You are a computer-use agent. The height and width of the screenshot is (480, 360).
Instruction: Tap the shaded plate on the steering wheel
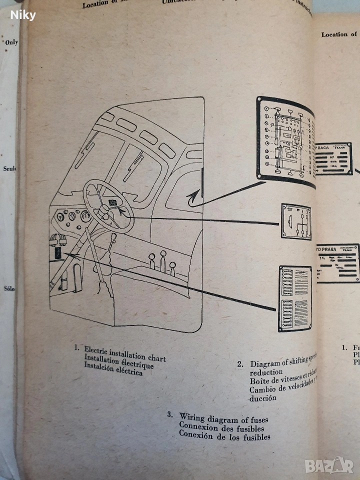pos(114,202)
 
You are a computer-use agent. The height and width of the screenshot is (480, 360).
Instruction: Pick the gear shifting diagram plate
pos(296,221)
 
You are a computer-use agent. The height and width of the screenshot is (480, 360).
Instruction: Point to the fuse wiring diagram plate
pos(295,298)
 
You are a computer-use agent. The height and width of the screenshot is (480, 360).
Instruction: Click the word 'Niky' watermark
pos(23,15)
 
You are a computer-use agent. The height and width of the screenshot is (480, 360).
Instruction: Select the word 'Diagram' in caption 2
pos(265,363)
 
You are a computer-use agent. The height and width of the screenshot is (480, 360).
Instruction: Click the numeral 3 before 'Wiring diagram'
pos(169,415)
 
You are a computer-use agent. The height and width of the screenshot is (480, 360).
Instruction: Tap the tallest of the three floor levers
pos(162,260)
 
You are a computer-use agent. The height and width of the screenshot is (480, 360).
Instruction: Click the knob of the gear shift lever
pos(114,236)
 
